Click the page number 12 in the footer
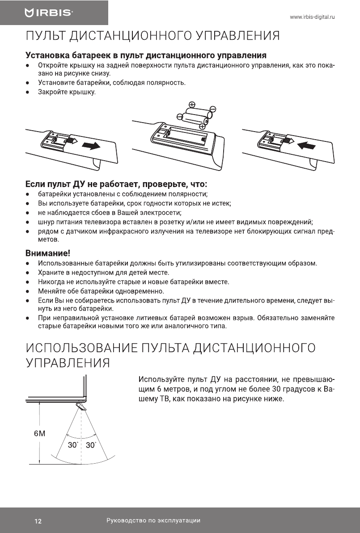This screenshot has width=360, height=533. tap(38, 521)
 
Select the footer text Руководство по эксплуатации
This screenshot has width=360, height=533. tap(153, 520)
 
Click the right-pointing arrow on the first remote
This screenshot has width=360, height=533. tap(91, 145)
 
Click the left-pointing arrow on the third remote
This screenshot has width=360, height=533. tap(307, 145)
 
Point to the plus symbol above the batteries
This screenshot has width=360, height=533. tap(192, 105)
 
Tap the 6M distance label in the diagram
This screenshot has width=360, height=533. tap(40, 434)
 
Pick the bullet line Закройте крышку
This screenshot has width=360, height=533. tap(67, 92)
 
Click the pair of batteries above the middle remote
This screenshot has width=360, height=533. tap(196, 118)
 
